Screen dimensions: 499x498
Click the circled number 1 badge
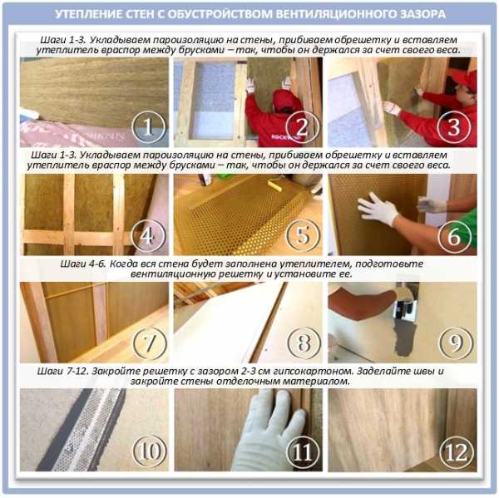tap(149, 126)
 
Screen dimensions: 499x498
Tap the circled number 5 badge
tap(303, 236)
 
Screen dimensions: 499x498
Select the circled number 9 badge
tap(456, 343)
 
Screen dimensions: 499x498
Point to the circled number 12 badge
tap(457, 452)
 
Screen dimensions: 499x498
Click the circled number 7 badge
tap(150, 343)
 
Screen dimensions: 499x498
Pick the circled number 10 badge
tap(149, 451)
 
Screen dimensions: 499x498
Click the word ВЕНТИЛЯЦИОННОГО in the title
tap(334, 14)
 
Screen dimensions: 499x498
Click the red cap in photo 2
tap(284, 99)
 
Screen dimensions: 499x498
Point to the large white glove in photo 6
tap(378, 208)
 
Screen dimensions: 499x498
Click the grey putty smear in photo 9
tap(404, 338)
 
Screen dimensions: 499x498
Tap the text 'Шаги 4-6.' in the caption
tap(82, 264)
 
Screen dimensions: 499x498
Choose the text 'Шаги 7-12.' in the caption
tap(62, 372)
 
